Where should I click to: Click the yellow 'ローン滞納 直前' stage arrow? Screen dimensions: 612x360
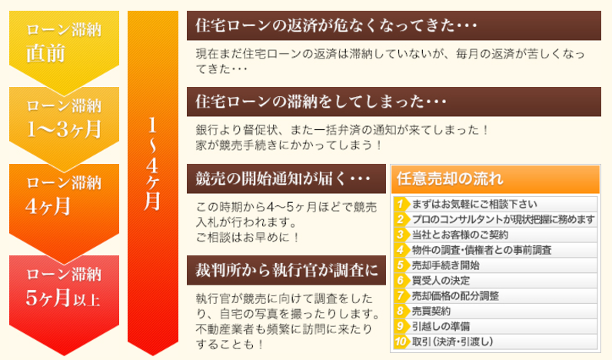pos(64,47)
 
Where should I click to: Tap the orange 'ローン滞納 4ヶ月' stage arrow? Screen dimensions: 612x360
pos(64,203)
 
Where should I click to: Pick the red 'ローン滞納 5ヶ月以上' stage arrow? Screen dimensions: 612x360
pos(64,297)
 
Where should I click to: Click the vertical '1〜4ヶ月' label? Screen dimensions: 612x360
pos(152,164)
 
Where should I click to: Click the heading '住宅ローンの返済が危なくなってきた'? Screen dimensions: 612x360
pos(336,26)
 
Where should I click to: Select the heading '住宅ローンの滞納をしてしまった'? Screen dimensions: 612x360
pos(321,102)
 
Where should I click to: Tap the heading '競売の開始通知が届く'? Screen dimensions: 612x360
pos(283,178)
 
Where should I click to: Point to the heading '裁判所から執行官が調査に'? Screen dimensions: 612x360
pos(287,270)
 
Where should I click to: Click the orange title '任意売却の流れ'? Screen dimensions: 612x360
pos(450,178)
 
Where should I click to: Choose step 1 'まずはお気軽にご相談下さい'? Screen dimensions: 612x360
pos(474,204)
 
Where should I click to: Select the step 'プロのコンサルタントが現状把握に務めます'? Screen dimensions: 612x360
pos(503,219)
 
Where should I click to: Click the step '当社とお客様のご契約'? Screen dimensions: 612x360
pos(461,235)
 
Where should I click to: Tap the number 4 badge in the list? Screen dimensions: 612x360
pos(400,250)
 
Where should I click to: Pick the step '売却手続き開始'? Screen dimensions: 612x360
pos(446,265)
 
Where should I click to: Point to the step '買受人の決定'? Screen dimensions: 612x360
pos(441,281)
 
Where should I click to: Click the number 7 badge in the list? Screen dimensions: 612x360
pos(400,296)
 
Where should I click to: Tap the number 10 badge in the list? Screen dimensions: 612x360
pos(401,342)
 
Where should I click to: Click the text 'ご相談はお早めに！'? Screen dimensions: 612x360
pos(248,238)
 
